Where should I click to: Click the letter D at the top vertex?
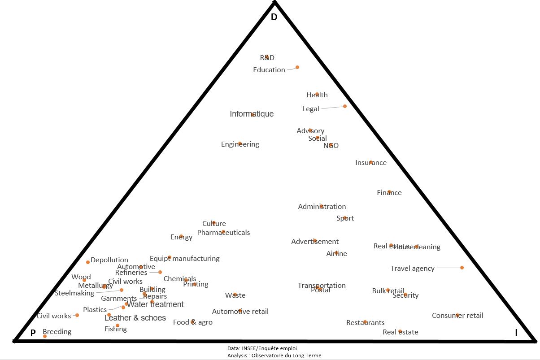(x=274, y=17)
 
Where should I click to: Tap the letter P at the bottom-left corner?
(x=33, y=333)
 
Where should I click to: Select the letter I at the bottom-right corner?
(x=516, y=333)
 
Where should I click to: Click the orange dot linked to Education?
(x=297, y=67)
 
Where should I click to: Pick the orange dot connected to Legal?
(x=345, y=106)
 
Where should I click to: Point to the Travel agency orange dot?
(x=462, y=268)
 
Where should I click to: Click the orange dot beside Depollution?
(x=88, y=262)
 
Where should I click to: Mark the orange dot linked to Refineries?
(x=160, y=272)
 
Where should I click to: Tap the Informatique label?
(x=252, y=114)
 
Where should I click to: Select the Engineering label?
(x=240, y=144)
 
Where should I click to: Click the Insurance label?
(x=371, y=163)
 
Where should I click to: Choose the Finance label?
(x=389, y=193)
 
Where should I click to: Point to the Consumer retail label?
(x=457, y=316)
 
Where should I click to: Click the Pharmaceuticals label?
(x=223, y=233)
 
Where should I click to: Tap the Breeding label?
(x=57, y=332)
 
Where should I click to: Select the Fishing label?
(x=116, y=329)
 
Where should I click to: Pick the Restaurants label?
(x=365, y=323)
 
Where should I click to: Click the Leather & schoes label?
(x=135, y=318)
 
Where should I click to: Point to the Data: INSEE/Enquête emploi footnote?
(x=262, y=348)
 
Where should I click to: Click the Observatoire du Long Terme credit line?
(x=274, y=356)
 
